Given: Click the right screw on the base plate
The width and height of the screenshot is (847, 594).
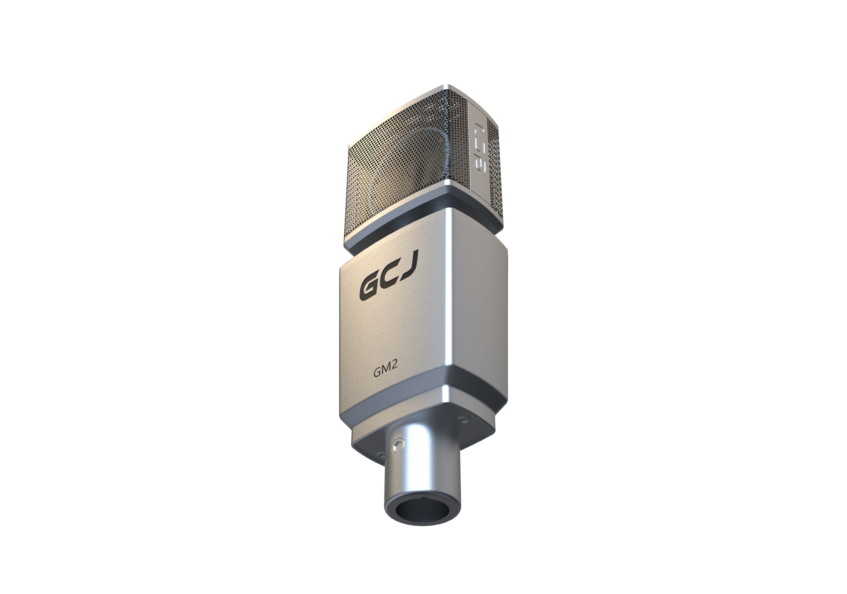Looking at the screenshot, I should (463, 419).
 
